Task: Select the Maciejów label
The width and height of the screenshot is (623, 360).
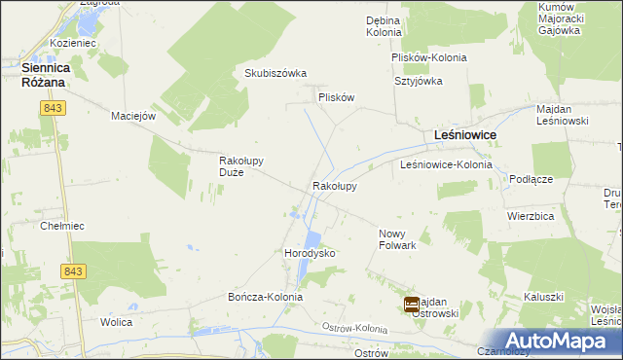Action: [134, 116]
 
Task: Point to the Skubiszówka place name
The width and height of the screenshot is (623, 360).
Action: [275, 74]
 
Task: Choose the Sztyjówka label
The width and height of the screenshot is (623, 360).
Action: [418, 81]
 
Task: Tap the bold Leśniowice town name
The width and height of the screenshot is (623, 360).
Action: [464, 135]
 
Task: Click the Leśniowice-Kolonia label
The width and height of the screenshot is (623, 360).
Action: [446, 165]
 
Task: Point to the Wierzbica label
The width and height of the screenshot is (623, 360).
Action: [531, 215]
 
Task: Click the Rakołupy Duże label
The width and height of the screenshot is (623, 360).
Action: [242, 166]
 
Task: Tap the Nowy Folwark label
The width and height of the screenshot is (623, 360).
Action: [397, 239]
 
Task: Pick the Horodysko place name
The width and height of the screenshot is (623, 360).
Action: [310, 253]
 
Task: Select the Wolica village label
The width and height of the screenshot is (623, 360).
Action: [116, 320]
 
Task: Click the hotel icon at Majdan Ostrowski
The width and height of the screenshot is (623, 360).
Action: [413, 305]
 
